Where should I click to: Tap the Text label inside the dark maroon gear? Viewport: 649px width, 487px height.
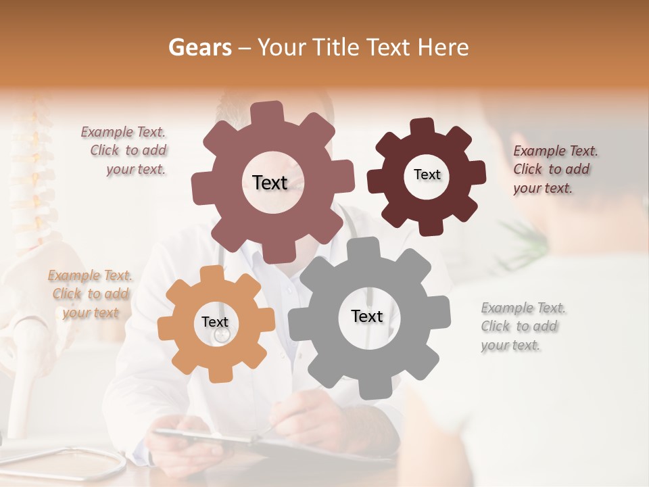coord(427,175)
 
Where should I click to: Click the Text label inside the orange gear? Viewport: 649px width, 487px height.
coord(215,322)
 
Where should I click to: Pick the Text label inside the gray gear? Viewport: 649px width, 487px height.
coord(367,316)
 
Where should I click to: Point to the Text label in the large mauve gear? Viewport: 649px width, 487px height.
coord(270,182)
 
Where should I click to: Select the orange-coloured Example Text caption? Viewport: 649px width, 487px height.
coord(90,294)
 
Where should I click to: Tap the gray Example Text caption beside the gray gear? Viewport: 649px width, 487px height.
coord(522,327)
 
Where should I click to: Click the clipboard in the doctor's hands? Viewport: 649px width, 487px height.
coord(203,440)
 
